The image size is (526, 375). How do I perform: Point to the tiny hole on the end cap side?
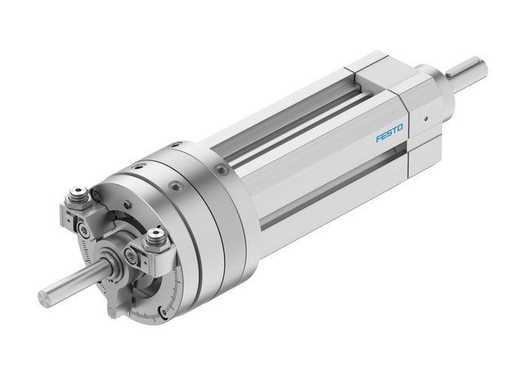pyautogui.click(x=425, y=117)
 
